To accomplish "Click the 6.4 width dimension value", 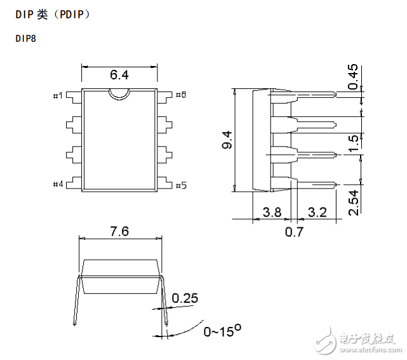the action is (119, 75).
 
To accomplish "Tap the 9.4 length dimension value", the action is (227, 140).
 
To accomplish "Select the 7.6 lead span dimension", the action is (119, 231).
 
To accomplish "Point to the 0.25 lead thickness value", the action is (185, 298).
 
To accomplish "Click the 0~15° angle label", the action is (222, 331).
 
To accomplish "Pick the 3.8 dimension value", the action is (272, 212).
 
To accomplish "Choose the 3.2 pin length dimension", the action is (317, 212).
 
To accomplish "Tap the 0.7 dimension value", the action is (294, 232).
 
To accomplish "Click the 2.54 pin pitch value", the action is (353, 203).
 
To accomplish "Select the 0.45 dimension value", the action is (353, 77).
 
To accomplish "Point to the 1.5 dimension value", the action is (353, 143).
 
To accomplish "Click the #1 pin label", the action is (58, 95).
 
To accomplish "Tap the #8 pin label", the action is (181, 95).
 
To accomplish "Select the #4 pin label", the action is (58, 184).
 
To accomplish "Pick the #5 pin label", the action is (181, 185).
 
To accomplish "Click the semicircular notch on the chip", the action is (119, 99).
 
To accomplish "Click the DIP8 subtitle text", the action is (25, 39).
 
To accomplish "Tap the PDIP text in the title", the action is (71, 15).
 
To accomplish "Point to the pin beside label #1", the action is (74, 98).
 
